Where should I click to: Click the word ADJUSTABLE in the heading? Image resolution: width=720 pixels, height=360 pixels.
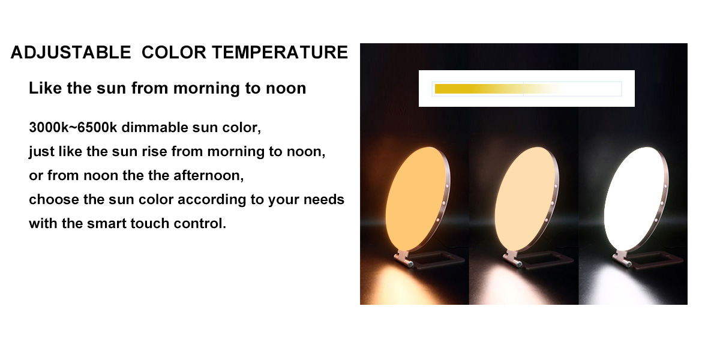(71, 52)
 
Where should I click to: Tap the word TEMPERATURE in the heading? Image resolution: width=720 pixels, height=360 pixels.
(280, 52)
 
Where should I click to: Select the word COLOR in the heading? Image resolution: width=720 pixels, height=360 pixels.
(173, 52)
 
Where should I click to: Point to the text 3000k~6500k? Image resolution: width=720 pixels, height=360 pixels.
(73, 128)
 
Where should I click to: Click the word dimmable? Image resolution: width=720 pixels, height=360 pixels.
(155, 128)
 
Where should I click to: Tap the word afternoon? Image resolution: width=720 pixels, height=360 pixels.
(209, 175)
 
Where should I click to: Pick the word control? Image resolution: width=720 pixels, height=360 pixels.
(200, 223)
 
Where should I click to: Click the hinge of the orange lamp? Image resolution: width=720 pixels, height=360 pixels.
(404, 259)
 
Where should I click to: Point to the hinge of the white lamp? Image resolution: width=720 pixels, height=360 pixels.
(623, 259)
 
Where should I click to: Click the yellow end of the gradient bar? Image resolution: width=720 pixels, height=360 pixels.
(437, 89)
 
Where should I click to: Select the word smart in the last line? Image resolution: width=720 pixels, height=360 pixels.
(107, 223)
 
